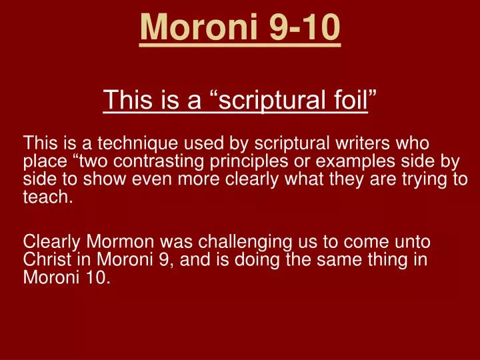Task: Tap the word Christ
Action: [x=45, y=260]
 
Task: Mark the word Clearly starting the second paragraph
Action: [x=49, y=242]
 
